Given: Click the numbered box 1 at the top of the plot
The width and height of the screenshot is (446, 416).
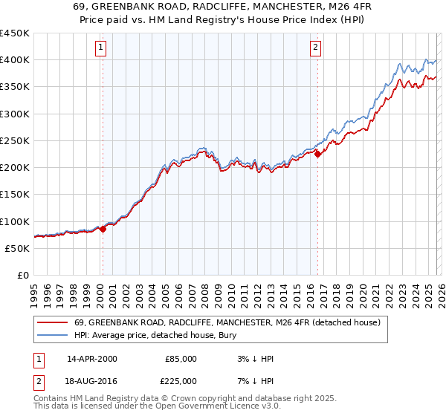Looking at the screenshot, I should pyautogui.click(x=101, y=48).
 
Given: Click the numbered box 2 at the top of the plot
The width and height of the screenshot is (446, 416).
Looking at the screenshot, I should pyautogui.click(x=315, y=48).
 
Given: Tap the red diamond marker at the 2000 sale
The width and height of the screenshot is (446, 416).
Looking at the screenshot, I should pyautogui.click(x=103, y=230).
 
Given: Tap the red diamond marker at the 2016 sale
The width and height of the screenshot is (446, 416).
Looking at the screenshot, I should pyautogui.click(x=317, y=154).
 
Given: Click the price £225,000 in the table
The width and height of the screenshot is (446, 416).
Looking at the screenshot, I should pyautogui.click(x=181, y=381).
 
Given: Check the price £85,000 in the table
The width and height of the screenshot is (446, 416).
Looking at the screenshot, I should pyautogui.click(x=181, y=359).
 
